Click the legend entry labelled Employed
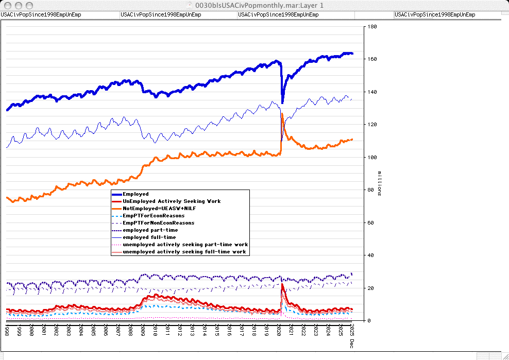coord(135,194)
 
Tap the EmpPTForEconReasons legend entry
coord(154,216)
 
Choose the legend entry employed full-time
coord(149,237)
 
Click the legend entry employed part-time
coord(150,230)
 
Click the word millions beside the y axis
coord(380,183)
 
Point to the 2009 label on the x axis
coord(142,330)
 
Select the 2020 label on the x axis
coord(278,330)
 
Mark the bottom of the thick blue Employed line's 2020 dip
coord(282,102)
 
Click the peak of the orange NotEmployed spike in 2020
coord(282,114)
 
